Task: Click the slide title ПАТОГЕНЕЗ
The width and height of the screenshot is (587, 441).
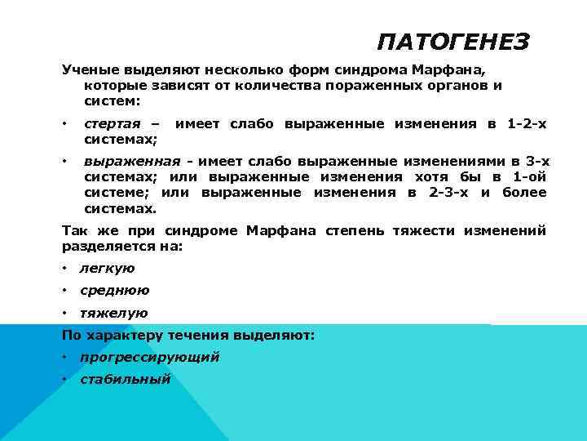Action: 453,42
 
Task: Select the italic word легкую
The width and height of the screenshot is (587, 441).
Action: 108,268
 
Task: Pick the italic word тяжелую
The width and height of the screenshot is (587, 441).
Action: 113,313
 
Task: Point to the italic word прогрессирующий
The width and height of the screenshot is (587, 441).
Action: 150,357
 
